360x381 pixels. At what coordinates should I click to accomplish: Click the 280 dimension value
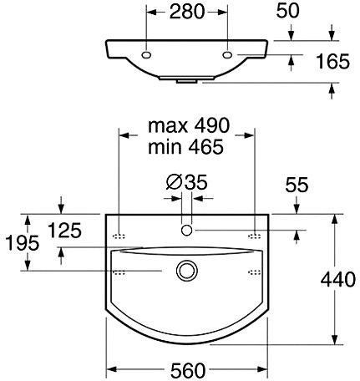pos(187,12)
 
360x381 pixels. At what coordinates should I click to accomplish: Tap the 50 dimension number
pos(288,11)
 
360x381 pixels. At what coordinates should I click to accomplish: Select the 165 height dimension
pos(333,62)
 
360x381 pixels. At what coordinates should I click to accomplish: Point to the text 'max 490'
pos(189,125)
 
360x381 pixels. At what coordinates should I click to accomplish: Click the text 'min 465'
pos(185,147)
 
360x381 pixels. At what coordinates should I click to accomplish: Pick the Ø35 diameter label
pos(187,182)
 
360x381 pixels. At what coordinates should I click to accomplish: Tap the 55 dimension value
pos(297,185)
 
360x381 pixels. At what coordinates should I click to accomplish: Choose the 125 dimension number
pos(64,231)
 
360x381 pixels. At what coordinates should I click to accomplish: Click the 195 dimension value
pos(23,243)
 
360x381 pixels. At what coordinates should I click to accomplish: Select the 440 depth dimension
pos(337,279)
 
